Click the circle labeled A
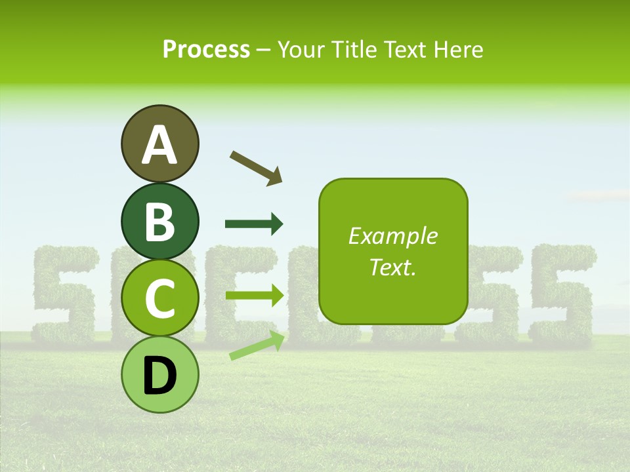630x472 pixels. pos(160,144)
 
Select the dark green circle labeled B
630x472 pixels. pos(160,221)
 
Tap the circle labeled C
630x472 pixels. pos(160,298)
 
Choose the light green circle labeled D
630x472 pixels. pos(160,374)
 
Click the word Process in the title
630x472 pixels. pos(206,49)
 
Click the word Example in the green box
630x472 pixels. pos(392,236)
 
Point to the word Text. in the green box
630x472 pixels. pos(392,267)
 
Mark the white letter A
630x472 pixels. pos(160,145)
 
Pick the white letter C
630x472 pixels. pos(160,298)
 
